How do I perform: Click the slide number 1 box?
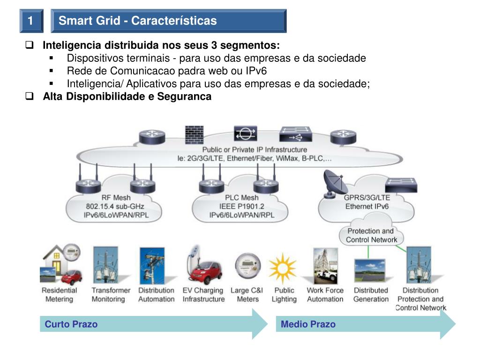pos(30,21)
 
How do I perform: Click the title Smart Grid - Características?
pos(138,21)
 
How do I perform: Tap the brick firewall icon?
pos(194,135)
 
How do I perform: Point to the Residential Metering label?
pos(59,295)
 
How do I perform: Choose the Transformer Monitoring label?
pos(111,295)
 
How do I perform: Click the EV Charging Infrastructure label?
pos(203,295)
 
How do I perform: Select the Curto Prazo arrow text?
pos(71,324)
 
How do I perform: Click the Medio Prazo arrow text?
pos(308,324)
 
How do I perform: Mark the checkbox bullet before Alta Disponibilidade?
pos(30,97)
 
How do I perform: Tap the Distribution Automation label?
pos(156,295)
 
